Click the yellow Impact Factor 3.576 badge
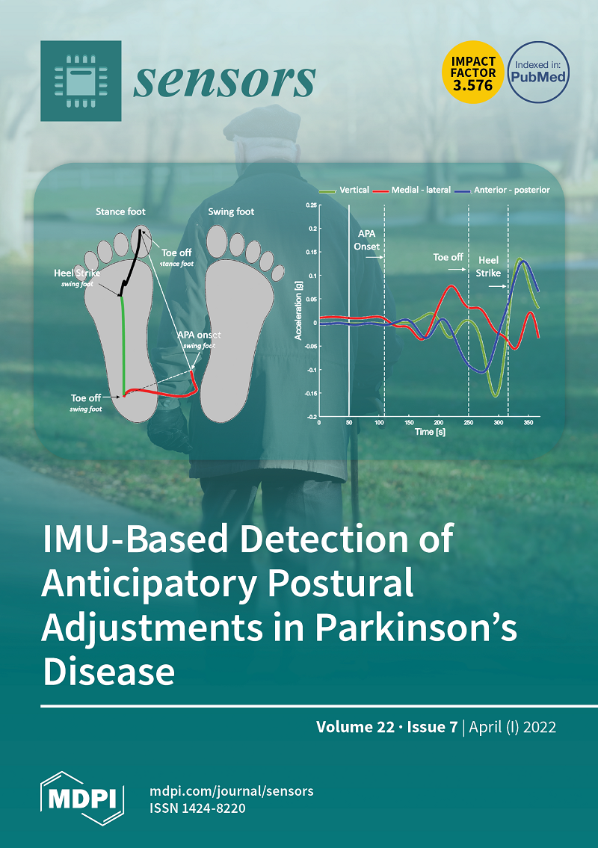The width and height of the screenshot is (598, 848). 473,72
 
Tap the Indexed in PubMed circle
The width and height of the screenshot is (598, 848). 539,72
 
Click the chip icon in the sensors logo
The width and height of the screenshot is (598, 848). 81,81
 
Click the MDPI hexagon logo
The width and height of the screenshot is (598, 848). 82,798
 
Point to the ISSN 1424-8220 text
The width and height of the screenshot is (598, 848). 197,808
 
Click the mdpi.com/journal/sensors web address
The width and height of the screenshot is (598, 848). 232,790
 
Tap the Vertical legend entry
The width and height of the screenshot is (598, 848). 344,190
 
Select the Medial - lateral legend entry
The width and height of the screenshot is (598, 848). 412,190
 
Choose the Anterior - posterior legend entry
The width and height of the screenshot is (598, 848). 502,190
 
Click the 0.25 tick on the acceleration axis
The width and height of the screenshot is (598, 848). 311,205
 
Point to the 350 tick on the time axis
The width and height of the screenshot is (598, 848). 528,422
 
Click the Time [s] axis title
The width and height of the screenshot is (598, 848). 431,432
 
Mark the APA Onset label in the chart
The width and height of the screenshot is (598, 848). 367,240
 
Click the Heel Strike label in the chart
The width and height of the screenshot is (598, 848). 488,267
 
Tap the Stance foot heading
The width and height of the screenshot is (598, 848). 120,211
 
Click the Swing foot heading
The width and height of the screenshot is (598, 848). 231,211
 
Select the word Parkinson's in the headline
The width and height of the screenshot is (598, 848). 416,628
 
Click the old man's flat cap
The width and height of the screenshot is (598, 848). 262,123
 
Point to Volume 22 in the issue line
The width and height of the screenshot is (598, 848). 355,726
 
